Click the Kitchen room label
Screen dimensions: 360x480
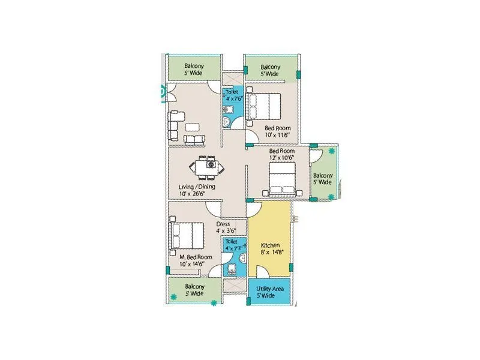[271, 245]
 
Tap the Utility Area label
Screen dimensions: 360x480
[269, 289]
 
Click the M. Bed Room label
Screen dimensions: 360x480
[196, 256]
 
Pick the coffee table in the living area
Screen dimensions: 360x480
[193, 127]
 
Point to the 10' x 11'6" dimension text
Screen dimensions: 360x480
[278, 135]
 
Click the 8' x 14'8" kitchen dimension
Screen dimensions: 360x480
[270, 253]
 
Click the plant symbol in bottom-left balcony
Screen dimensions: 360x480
[174, 296]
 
